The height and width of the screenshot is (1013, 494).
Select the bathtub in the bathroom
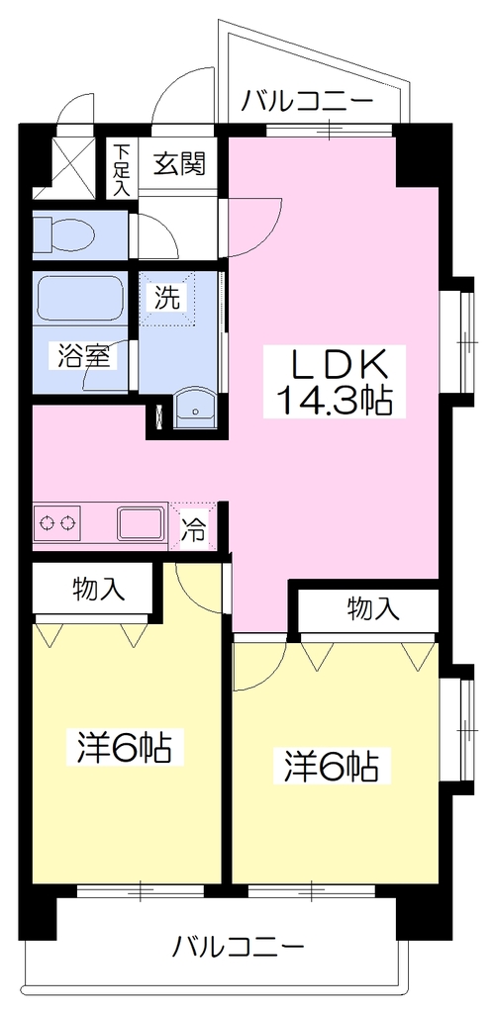[80, 299]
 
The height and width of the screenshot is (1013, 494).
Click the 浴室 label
[83, 356]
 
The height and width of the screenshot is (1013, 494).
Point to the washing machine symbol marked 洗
[167, 298]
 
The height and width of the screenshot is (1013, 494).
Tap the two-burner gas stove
[56, 522]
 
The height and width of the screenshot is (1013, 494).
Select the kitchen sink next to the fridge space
[141, 523]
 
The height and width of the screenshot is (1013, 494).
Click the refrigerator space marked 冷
[193, 526]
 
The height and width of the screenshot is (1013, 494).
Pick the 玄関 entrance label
[179, 165]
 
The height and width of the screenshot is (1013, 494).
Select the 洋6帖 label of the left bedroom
[124, 748]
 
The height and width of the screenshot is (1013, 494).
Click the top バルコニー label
[309, 102]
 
